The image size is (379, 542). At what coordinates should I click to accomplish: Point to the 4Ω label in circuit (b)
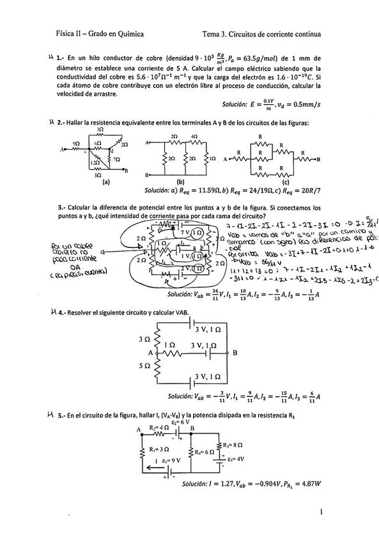click(x=194, y=137)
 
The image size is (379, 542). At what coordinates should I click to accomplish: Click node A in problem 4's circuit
click(x=151, y=353)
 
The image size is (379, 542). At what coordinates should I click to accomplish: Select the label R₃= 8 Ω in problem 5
click(x=233, y=445)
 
